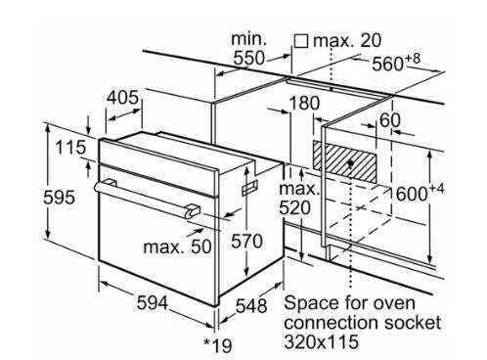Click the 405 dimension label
pos(122,98)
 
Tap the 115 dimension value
pos(70,147)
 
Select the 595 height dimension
pos(59,198)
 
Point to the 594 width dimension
pos(153,302)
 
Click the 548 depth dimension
pos(251,306)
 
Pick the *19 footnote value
pos(218,345)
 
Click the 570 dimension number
pos(246,242)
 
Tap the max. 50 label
pos(177,247)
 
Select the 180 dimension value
pos(304,103)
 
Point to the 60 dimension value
pos(390,120)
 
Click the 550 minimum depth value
pos(249,59)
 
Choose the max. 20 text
pos(347,41)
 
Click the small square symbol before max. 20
pos(301,41)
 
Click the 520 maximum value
pos(294,207)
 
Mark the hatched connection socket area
pos(345,161)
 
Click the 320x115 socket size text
pos(321,342)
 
